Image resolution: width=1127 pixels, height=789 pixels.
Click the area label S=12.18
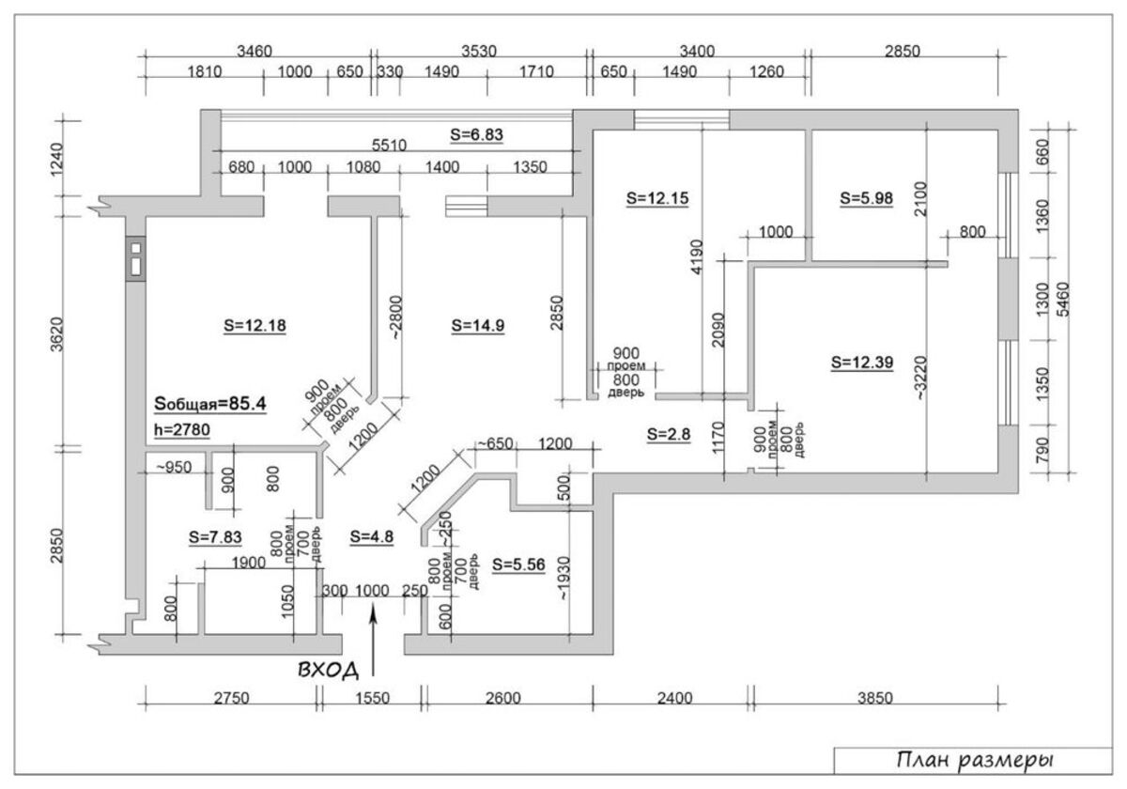[255, 326]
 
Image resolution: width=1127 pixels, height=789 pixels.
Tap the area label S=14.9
[477, 326]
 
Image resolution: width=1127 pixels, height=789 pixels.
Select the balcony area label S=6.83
[476, 135]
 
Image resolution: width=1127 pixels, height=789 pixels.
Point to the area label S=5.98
[866, 198]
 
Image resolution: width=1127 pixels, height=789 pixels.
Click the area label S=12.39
[862, 363]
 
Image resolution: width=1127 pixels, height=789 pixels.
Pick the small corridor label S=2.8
[668, 434]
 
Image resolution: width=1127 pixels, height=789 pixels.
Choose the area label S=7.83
[215, 537]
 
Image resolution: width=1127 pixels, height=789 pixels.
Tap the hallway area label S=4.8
[371, 536]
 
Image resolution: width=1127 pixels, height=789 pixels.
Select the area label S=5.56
[518, 565]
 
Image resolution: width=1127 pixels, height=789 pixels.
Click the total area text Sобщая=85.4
[209, 404]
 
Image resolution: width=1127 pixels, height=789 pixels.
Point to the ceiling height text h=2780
[181, 429]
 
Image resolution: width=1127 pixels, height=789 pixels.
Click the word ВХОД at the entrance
[329, 670]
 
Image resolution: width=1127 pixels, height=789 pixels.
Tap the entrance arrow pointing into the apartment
[373, 642]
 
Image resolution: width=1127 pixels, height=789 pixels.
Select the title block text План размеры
[976, 760]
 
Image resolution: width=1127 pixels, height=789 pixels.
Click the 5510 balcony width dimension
[389, 146]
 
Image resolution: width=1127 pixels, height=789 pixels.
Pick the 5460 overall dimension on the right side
[1063, 300]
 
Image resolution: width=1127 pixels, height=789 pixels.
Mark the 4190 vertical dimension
[696, 257]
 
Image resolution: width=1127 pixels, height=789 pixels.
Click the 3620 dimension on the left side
[57, 334]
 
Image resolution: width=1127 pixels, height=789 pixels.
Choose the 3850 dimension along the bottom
[875, 698]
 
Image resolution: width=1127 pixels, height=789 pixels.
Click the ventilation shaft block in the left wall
[136, 258]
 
